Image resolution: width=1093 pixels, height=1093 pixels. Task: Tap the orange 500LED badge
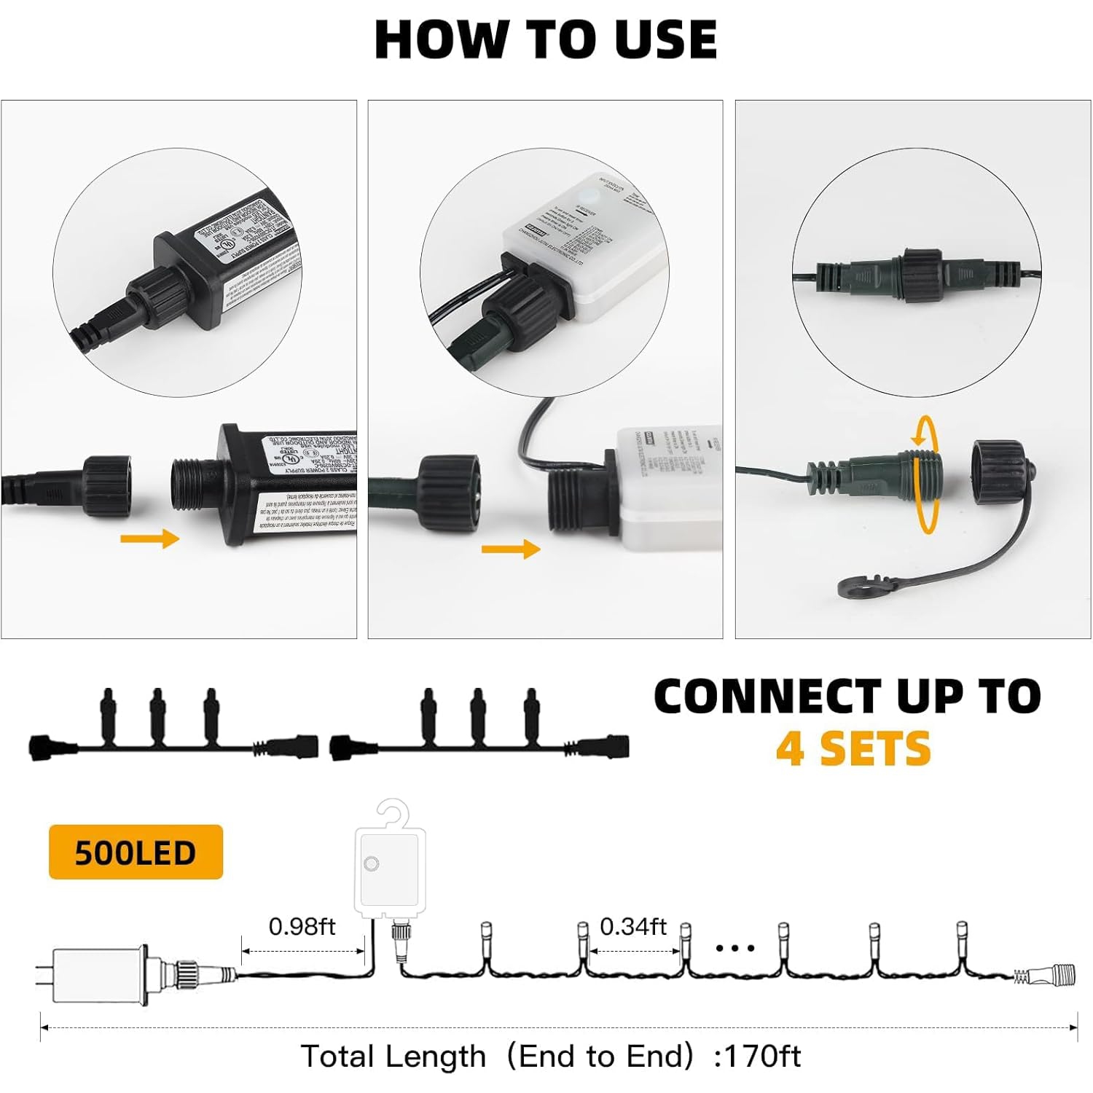[136, 852]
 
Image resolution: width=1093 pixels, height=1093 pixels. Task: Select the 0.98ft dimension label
[302, 926]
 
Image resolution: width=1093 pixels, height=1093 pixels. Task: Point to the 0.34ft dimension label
[632, 926]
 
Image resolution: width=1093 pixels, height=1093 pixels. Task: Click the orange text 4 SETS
[853, 748]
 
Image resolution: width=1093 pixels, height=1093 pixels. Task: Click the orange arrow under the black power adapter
[149, 539]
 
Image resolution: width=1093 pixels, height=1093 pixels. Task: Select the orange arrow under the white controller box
[511, 548]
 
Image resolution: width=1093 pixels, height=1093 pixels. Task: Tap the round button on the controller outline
[372, 864]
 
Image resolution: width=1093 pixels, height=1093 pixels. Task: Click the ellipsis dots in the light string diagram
[734, 948]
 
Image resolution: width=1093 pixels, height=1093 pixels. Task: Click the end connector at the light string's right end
[1049, 974]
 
